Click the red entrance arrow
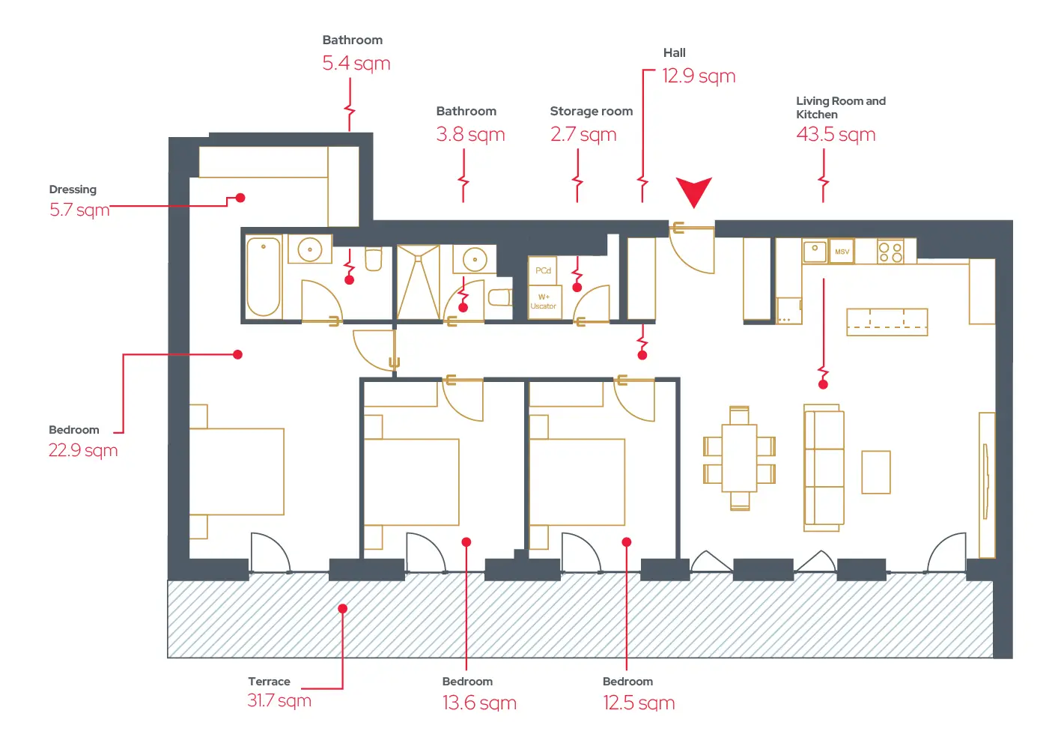pos(694,192)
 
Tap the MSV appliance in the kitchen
pos(842,252)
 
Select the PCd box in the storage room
pos(542,270)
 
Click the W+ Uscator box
pos(545,302)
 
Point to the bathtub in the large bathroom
pos(264,277)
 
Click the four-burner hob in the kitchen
pos(890,252)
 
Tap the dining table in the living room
pos(739,458)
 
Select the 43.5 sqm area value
pos(836,135)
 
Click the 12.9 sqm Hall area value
pos(699,76)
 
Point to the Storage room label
pos(592,111)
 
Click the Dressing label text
pos(73,189)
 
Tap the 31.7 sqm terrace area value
pos(279,700)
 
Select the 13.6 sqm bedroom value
pos(479,703)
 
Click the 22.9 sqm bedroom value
pos(83,450)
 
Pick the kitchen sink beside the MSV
pos(815,252)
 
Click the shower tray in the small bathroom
pos(418,282)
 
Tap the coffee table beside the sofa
pos(876,473)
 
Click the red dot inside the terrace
pos(342,609)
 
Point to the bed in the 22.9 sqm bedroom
pos(237,471)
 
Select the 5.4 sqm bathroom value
pos(356,63)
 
